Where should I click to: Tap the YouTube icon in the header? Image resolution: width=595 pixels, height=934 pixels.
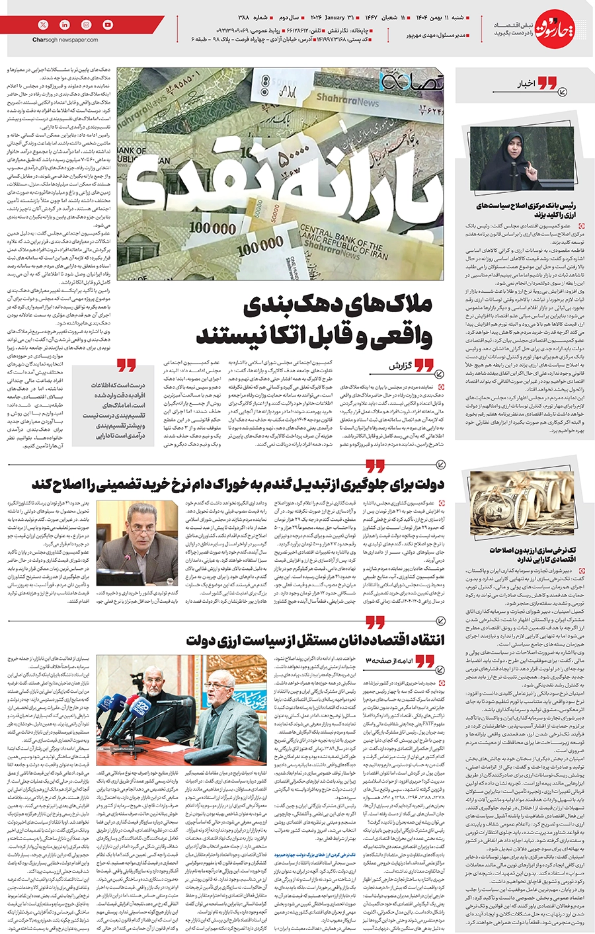click(x=108, y=24)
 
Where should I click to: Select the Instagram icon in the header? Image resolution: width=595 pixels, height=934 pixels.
click(x=87, y=24)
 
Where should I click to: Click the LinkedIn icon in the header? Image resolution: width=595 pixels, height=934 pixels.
click(x=65, y=24)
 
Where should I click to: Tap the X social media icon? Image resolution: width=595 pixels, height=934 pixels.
click(x=44, y=24)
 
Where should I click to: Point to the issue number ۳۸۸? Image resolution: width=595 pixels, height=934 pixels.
click(x=245, y=15)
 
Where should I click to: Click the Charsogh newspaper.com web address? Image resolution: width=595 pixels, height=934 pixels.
click(x=65, y=40)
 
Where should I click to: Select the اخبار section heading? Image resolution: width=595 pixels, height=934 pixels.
click(x=524, y=84)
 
